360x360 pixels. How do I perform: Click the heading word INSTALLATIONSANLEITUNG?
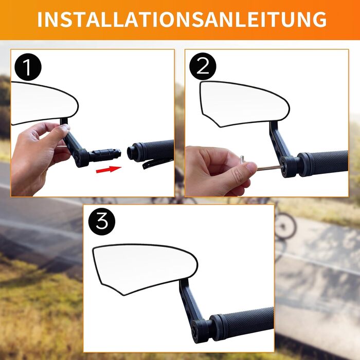(x=182, y=20)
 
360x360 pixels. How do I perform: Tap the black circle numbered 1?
(x=28, y=67)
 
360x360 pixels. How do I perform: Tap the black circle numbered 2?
(x=203, y=66)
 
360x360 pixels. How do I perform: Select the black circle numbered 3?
(x=102, y=222)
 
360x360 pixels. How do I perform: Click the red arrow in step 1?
(x=109, y=169)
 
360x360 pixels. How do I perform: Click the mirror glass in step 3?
(x=145, y=269)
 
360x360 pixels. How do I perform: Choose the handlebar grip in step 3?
(x=243, y=322)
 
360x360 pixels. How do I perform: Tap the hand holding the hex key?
(x=218, y=170)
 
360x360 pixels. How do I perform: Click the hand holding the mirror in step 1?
(x=39, y=157)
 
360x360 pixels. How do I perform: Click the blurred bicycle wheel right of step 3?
(x=285, y=225)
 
